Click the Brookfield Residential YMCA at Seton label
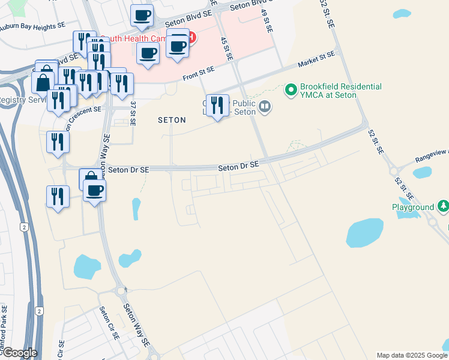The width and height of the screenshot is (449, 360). [342, 91]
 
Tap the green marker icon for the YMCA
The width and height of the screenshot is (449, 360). [292, 91]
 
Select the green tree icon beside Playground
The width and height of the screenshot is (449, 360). [444, 207]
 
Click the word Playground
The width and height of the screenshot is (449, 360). [413, 207]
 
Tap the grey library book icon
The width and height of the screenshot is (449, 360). [265, 107]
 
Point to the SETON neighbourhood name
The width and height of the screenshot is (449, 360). [172, 120]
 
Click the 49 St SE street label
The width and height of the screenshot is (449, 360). [268, 21]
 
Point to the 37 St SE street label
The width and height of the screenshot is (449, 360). [133, 113]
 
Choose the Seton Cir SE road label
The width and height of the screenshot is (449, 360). [110, 323]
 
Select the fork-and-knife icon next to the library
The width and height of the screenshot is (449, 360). [217, 105]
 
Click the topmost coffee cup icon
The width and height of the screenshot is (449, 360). [142, 16]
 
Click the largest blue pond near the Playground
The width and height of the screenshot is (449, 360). [364, 233]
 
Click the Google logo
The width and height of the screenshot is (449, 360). [19, 353]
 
